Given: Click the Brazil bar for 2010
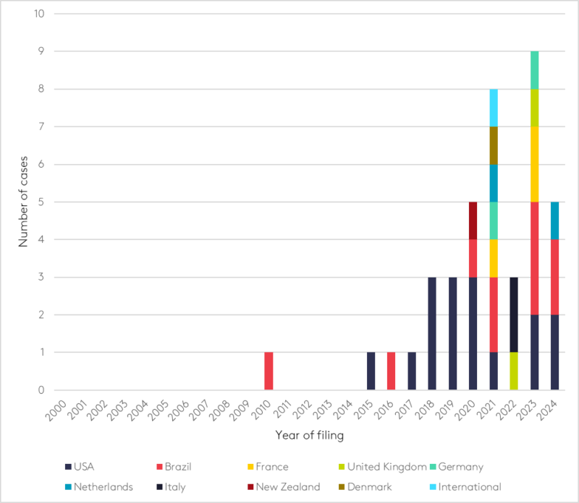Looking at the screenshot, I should click(x=269, y=371).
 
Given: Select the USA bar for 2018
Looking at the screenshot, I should click(x=432, y=333).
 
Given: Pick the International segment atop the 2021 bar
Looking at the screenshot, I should click(x=494, y=108).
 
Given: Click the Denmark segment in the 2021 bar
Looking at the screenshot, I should click(x=494, y=145).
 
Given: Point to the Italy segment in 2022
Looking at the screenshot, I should click(x=514, y=314).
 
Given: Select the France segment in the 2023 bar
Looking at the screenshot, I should click(x=534, y=164).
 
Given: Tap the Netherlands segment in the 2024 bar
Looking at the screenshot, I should click(x=554, y=220).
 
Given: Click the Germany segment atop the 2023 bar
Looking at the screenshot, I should click(x=534, y=70).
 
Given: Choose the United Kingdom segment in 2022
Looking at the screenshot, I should click(x=514, y=371).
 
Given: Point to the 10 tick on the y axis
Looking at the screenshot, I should click(x=37, y=14).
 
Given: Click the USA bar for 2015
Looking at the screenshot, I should click(x=371, y=371).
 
